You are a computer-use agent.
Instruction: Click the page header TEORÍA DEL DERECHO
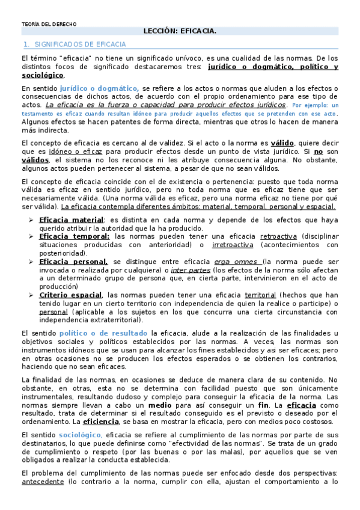[49, 25]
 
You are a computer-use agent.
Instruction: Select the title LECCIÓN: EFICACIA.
[180, 30]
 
